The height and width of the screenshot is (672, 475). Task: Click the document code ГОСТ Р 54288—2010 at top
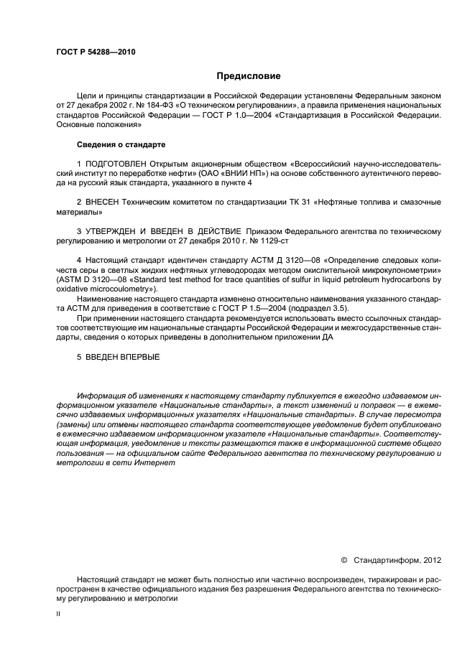pyautogui.click(x=96, y=52)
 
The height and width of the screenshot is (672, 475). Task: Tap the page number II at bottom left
pyautogui.click(x=58, y=614)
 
